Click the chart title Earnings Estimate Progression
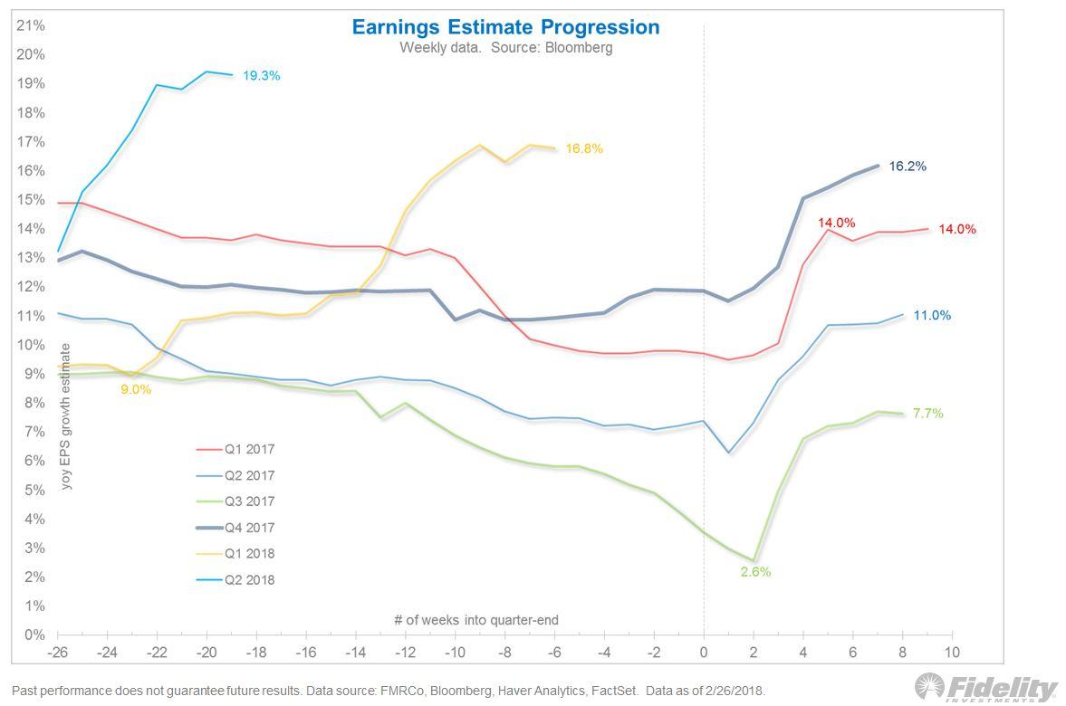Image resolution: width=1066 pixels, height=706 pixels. (505, 26)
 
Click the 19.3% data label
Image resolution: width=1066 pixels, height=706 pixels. (261, 76)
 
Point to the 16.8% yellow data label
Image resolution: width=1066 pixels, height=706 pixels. (584, 148)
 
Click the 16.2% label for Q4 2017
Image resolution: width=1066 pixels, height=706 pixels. (908, 167)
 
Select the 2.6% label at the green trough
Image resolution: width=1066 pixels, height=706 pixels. (755, 572)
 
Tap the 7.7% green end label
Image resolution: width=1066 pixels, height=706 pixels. (927, 414)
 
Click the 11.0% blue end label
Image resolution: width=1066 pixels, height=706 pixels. (933, 316)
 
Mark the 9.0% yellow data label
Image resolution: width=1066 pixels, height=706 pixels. (136, 389)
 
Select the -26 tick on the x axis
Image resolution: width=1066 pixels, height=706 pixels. (58, 653)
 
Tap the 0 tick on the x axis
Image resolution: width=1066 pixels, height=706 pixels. (704, 653)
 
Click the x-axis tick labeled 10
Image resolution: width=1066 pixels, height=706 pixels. (951, 653)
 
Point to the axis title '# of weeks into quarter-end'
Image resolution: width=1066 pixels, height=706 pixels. (475, 620)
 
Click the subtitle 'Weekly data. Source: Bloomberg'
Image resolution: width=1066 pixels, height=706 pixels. (505, 48)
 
